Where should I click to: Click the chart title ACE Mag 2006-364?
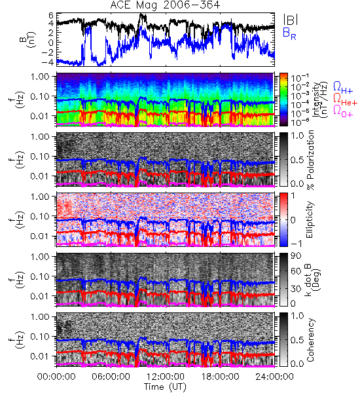tap(165, 5)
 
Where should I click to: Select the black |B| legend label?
tap(291, 19)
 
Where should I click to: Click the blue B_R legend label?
tap(289, 34)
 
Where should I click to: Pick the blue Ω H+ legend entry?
tap(343, 88)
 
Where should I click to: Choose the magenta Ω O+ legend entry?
tap(343, 111)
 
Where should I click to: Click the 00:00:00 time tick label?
tap(56, 377)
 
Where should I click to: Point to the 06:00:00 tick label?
tap(111, 377)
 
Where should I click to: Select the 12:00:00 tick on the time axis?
tap(166, 377)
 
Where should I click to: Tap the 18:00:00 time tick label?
tap(220, 377)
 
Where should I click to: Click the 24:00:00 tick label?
tap(274, 377)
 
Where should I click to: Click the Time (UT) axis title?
tap(166, 386)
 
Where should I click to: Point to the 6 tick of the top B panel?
tap(51, 16)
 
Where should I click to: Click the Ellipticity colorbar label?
tap(310, 219)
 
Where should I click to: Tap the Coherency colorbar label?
tap(310, 340)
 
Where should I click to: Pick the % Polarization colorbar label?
tap(310, 160)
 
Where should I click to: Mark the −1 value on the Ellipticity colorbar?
tap(296, 244)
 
